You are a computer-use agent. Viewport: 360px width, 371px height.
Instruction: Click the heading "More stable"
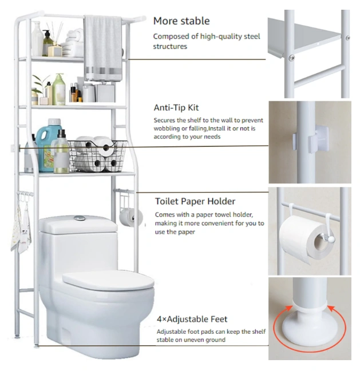click(181, 21)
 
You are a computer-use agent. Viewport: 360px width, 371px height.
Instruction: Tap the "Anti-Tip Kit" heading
click(176, 107)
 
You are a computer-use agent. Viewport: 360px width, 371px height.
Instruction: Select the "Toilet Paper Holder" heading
click(195, 201)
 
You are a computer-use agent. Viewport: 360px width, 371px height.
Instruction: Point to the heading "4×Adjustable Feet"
click(192, 319)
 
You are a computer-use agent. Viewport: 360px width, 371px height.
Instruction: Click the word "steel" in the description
click(251, 37)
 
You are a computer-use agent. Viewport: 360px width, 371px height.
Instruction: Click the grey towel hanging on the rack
click(103, 48)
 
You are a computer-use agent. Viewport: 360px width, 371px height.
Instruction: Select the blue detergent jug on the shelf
click(48, 145)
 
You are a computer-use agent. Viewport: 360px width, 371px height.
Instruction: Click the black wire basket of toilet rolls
click(97, 155)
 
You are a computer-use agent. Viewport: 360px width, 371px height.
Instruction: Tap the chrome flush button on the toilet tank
click(80, 218)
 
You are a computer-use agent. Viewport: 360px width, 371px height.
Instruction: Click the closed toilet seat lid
click(109, 280)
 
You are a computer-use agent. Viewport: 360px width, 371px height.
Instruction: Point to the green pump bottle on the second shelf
click(59, 89)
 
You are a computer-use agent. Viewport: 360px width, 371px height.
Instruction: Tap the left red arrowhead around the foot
click(288, 308)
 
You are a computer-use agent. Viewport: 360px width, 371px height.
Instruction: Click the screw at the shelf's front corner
click(291, 58)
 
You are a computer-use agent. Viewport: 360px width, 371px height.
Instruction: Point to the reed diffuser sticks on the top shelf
click(55, 33)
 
